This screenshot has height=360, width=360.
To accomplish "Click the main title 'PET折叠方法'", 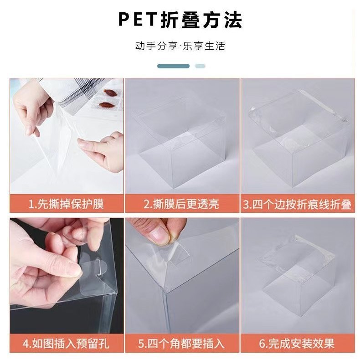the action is [180, 20].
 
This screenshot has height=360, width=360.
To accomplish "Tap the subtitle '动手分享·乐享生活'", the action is [180, 46].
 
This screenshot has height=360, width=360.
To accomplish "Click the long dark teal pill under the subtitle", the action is [173, 66].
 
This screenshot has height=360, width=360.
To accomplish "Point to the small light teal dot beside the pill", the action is [200, 66].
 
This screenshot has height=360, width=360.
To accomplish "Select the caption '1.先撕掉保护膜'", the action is [66, 204].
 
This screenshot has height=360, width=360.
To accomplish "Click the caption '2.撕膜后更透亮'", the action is [181, 204].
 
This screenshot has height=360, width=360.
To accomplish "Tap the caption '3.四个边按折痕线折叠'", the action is [297, 204].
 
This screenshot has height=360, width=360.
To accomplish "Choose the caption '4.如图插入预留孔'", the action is [66, 344].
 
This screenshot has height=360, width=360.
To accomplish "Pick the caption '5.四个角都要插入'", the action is [181, 344].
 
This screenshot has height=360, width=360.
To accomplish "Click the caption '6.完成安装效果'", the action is [297, 344].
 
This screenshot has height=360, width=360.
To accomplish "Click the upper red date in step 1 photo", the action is [110, 93].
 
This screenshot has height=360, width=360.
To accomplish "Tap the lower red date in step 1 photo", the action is [107, 105].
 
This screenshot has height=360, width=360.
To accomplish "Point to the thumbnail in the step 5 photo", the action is [159, 234].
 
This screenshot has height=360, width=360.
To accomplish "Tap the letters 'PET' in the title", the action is [138, 20].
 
